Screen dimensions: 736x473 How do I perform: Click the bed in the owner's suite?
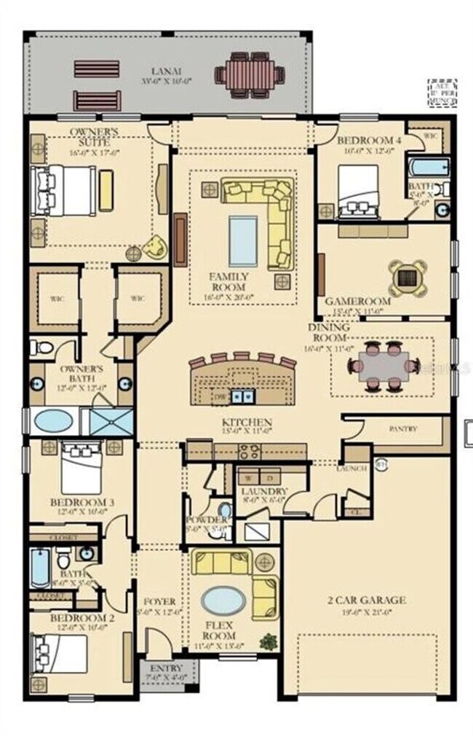(x=64, y=190)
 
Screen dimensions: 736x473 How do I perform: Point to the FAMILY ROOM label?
(x=228, y=277)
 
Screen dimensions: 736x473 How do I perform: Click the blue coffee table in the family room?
(x=242, y=240)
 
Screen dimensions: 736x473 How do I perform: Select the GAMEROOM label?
(x=357, y=301)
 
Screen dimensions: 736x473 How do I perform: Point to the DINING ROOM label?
(x=330, y=333)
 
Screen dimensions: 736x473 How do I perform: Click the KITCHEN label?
(x=247, y=423)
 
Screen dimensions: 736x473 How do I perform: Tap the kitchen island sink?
(x=242, y=396)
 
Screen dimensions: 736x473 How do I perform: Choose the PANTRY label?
(x=402, y=429)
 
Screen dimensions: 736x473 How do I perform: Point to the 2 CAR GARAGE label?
(x=366, y=600)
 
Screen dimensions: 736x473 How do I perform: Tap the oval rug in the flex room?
(x=223, y=601)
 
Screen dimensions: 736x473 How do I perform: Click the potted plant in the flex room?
(x=269, y=641)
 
